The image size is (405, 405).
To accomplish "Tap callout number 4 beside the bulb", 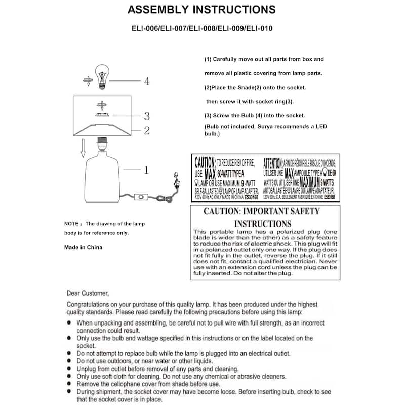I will (x=146, y=81).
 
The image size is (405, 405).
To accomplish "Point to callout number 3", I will (x=146, y=116).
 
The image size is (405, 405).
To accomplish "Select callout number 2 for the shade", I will (x=146, y=131).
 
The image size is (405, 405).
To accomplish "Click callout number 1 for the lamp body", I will (x=146, y=171).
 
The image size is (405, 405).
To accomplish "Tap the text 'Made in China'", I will (x=83, y=247).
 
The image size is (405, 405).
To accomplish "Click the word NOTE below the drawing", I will (x=71, y=223).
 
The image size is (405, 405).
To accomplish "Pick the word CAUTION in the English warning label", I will (x=205, y=163).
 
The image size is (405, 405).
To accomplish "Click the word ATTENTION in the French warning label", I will (x=273, y=163).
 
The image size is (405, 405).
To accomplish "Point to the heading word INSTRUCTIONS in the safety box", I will (x=262, y=223).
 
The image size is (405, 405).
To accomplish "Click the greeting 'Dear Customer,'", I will (x=87, y=293).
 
